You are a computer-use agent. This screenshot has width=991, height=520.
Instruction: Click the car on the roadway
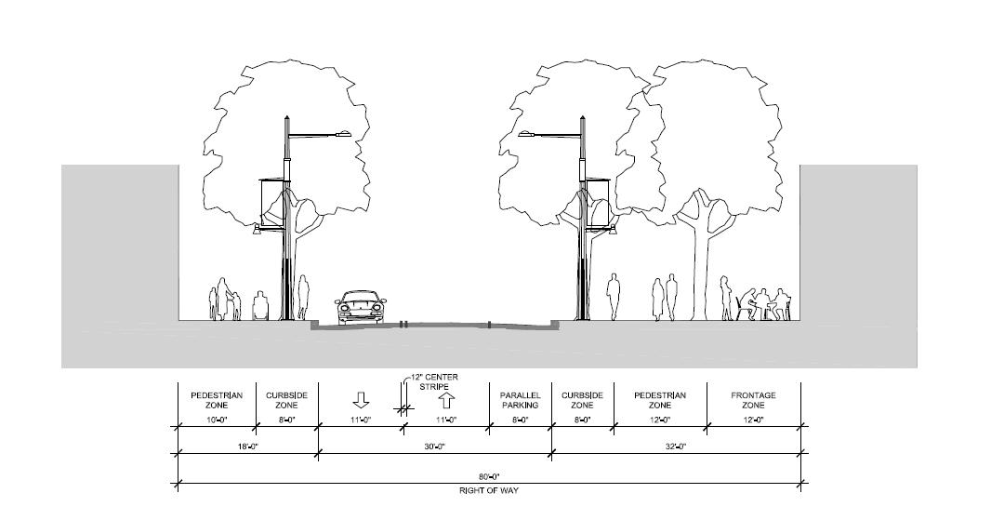pyautogui.click(x=361, y=308)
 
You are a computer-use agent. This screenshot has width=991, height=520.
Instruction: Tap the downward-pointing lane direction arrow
pyautogui.click(x=361, y=400)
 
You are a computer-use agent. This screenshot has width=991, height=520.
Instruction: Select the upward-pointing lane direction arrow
pyautogui.click(x=446, y=401)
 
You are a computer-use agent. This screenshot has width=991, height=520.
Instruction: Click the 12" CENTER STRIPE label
pyautogui.click(x=433, y=381)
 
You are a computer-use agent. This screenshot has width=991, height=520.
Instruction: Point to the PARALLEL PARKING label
pyautogui.click(x=520, y=400)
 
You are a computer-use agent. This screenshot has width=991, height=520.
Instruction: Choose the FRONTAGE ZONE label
pyautogui.click(x=754, y=400)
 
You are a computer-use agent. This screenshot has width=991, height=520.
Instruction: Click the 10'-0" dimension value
pyautogui.click(x=217, y=420)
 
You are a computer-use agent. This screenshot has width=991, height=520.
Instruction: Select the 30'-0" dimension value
pyautogui.click(x=434, y=447)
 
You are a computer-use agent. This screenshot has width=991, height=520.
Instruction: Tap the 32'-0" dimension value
pyautogui.click(x=676, y=447)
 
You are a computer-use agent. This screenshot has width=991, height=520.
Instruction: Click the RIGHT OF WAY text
pyautogui.click(x=487, y=489)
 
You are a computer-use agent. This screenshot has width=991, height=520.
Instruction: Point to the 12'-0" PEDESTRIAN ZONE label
pyautogui.click(x=660, y=400)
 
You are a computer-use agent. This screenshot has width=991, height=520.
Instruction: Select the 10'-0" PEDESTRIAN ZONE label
pyautogui.click(x=217, y=400)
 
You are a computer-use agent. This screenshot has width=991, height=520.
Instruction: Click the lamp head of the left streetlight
pyautogui.click(x=341, y=135)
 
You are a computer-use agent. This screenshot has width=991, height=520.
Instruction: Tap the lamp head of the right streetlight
pyautogui.click(x=529, y=135)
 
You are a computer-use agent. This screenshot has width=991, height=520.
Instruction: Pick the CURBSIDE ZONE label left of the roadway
pyautogui.click(x=286, y=400)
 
